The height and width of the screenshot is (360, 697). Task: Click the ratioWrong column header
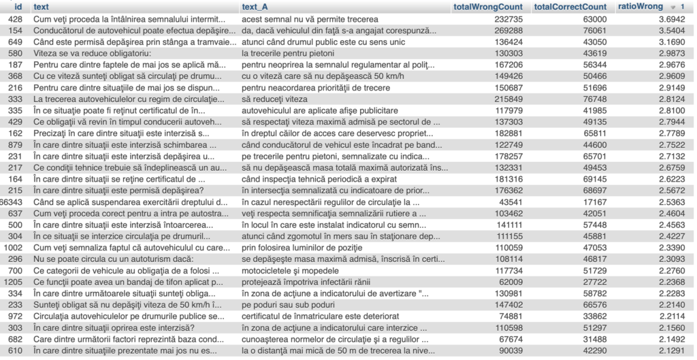[x=641, y=7]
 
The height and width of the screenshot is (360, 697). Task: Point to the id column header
[x=18, y=7]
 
